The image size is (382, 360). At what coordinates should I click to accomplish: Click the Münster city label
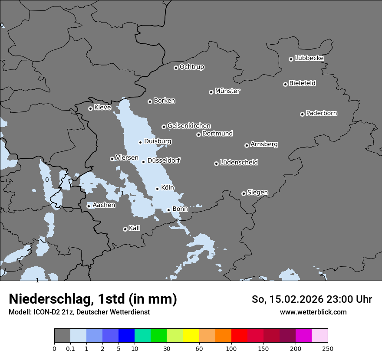[227, 91]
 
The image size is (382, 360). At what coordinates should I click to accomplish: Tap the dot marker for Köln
[158, 189]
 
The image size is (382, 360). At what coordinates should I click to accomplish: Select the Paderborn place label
[322, 114]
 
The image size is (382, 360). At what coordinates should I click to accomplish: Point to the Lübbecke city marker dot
[291, 59]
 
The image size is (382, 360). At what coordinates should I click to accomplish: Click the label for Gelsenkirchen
[189, 126]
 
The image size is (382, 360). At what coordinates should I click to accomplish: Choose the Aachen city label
[104, 205]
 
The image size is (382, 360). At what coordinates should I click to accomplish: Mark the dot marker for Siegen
[244, 193]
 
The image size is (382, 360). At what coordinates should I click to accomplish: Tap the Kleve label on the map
[102, 108]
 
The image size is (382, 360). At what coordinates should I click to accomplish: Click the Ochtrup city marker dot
[176, 68]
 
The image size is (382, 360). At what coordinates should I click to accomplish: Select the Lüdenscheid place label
[239, 163]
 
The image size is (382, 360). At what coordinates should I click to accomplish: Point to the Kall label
[135, 228]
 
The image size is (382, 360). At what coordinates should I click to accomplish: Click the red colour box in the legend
[239, 336]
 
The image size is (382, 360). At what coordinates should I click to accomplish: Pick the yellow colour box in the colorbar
[191, 336]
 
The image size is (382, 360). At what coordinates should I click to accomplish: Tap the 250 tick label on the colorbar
[328, 349]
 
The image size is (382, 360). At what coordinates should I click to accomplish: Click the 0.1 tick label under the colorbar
[70, 349]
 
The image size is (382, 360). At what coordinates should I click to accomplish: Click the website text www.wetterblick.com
[313, 312]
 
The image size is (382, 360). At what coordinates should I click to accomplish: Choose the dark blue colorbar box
[127, 336]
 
